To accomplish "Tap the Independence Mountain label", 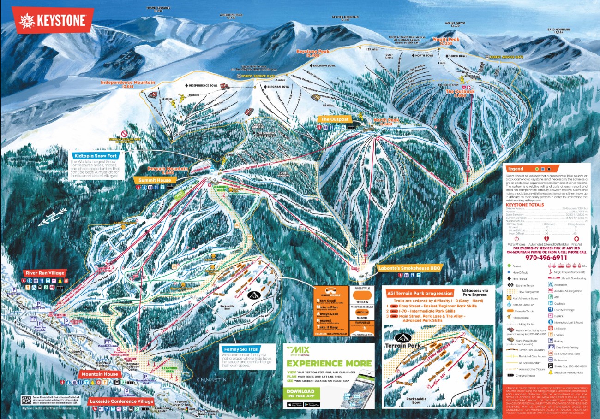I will pyautogui.click(x=128, y=84).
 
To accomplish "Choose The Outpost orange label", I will pyautogui.click(x=331, y=119).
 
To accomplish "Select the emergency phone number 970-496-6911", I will pyautogui.click(x=546, y=258).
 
